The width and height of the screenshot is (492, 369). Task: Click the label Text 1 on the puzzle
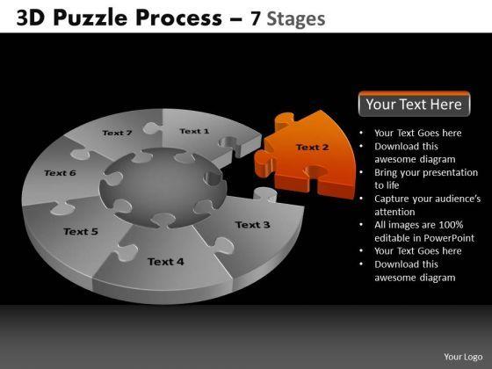194,131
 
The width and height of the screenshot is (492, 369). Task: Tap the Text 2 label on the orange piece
312,148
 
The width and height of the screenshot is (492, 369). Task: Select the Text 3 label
253,225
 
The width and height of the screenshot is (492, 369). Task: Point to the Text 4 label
166,262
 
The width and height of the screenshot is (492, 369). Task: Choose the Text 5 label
81,232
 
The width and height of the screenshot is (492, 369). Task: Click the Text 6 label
60,173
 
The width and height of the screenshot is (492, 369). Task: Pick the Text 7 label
117,133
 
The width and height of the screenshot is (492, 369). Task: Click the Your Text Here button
414,104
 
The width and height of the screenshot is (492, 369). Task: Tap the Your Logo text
463,357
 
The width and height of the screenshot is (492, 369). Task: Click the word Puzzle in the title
90,18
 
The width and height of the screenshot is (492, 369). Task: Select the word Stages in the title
296,18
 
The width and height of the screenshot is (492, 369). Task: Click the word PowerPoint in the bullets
449,238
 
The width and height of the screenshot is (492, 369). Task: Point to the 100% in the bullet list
451,225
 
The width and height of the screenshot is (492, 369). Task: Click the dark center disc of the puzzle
163,188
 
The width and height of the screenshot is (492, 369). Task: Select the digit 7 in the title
256,18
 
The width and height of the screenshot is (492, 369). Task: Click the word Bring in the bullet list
385,173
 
